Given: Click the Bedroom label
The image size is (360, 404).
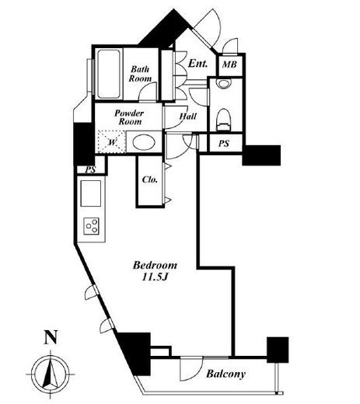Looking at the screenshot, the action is (155, 265).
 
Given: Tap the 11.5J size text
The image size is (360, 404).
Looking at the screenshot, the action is (155, 277).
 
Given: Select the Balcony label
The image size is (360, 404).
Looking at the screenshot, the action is (225, 374).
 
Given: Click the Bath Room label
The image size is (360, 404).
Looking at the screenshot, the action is (140, 74).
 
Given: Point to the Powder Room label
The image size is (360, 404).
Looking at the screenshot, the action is (129, 117).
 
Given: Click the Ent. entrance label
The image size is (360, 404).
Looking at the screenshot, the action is (197, 64).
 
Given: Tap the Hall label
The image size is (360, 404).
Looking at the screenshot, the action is (188, 117).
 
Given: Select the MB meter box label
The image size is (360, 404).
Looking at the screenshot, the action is (229, 64).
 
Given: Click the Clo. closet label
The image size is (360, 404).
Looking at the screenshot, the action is (149, 179).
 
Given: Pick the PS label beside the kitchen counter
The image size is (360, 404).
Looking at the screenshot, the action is (90, 170).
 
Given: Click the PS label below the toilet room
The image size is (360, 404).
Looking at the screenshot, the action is (224, 143).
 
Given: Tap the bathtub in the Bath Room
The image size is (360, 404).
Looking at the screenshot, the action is (109, 74).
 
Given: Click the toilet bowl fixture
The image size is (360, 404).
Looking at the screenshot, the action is (223, 119).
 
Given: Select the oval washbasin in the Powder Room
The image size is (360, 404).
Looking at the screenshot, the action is (144, 142).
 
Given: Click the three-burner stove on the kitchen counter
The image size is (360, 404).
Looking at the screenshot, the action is (91, 226).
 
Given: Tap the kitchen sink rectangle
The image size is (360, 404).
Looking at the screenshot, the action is (91, 193).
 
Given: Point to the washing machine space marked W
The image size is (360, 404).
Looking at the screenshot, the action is (111, 141).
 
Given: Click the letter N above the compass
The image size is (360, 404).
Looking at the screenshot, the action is (51, 337).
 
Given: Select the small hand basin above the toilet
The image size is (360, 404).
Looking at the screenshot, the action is (224, 83).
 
